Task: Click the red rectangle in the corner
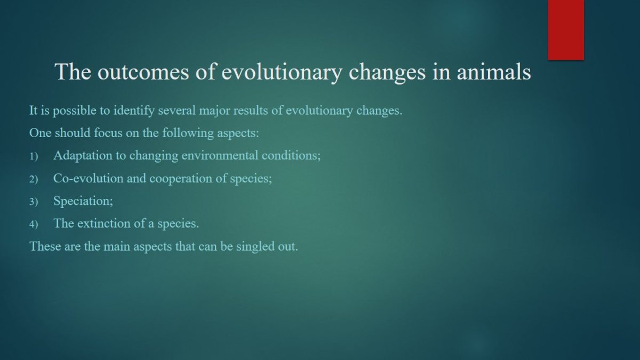566,30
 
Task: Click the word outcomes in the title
143,71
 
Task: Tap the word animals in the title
494,71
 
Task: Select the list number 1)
34,156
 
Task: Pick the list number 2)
34,179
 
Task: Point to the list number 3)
34,202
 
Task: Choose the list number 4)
34,225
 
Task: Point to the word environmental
220,155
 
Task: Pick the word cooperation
181,179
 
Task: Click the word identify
134,110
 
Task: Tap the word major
214,111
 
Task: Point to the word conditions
291,155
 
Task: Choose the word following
188,133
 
